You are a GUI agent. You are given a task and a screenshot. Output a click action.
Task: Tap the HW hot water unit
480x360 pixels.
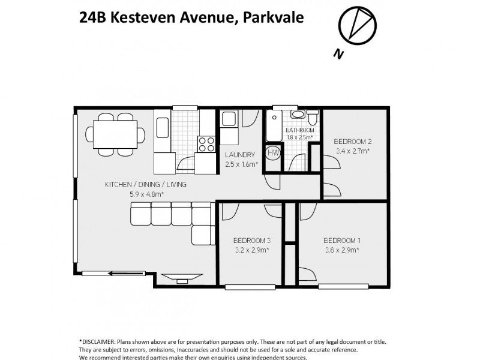[x=274, y=153]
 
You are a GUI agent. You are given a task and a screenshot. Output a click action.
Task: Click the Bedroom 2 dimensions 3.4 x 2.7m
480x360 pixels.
[x=352, y=151]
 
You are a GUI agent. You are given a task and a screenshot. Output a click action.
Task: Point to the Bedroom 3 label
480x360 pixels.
[x=251, y=241]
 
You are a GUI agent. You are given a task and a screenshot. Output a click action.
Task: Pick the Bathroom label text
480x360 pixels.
[x=299, y=130]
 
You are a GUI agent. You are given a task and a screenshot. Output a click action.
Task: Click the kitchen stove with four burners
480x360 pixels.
[x=206, y=144]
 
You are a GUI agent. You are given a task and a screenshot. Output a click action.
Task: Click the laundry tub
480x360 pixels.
[x=229, y=118]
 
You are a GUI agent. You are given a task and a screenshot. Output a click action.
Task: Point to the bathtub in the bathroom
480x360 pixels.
[x=275, y=125]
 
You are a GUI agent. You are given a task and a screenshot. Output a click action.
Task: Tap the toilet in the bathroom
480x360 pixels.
[x=312, y=115]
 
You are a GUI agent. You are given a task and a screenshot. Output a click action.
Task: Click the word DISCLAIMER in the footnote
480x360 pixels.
[x=98, y=341]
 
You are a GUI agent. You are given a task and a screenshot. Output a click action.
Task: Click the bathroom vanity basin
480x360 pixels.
[x=298, y=114]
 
